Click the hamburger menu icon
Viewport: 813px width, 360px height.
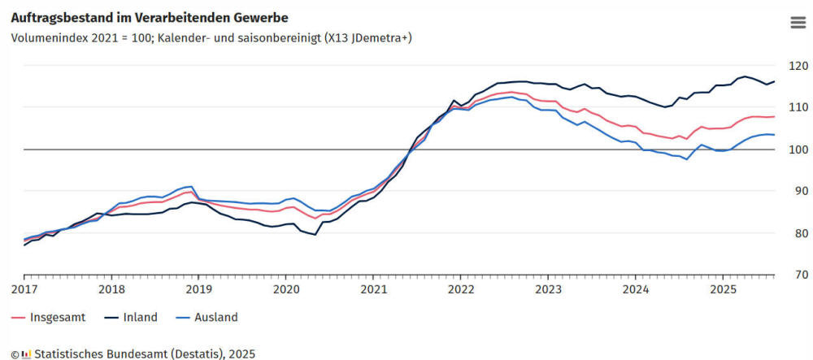(798, 22)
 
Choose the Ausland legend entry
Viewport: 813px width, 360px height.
(215, 318)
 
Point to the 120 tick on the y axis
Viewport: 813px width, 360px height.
(798, 65)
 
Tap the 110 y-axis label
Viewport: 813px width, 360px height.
(798, 107)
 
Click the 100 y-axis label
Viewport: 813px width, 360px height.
(798, 150)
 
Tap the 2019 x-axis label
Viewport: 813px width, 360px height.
(198, 289)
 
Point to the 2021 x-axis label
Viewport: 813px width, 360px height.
(373, 289)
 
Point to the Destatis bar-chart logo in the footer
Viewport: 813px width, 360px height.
(25, 354)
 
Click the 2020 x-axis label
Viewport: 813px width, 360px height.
(286, 289)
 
